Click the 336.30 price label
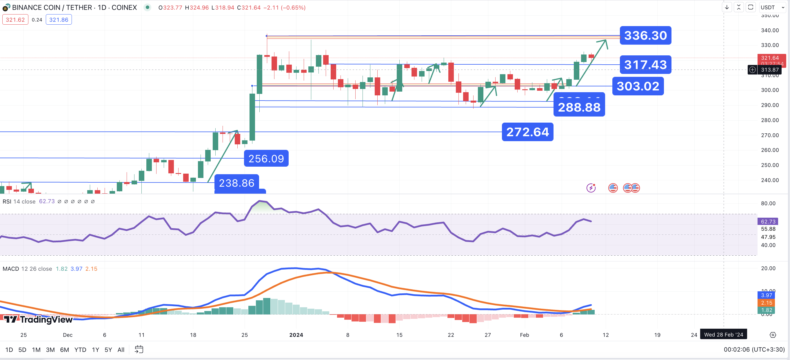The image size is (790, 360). coord(645,36)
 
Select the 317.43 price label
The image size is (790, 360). coord(645,65)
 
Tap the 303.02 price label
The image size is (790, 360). coord(638,86)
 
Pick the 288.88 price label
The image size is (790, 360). coord(579,107)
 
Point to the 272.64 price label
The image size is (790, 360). coord(527,132)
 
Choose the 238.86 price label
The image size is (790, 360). coord(236,183)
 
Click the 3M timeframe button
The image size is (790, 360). coord(50,350)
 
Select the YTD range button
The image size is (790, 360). coord(80,350)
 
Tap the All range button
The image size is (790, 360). coord(121,350)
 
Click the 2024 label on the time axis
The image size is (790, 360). coord(296,335)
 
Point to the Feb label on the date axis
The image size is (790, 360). coord(524,335)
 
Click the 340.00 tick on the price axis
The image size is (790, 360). coord(770,30)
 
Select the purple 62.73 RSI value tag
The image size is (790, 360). coord(768,221)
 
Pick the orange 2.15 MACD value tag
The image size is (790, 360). coord(767,303)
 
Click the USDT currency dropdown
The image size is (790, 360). coord(772,7)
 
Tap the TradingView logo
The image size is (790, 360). coord(38,319)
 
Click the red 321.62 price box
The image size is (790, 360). coord(15,20)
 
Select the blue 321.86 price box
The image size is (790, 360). coord(59,20)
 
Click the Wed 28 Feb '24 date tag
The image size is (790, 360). coord(723,334)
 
